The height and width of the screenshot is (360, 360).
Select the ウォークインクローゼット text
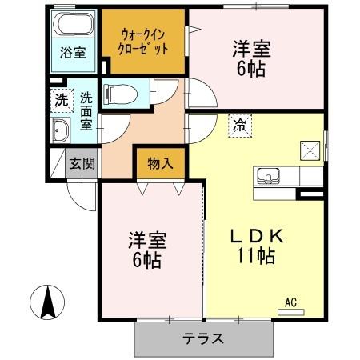point(145,41)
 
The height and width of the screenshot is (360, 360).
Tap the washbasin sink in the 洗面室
point(59,132)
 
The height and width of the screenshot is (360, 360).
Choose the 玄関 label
point(81,164)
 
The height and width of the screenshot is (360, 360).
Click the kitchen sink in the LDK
point(268,174)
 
